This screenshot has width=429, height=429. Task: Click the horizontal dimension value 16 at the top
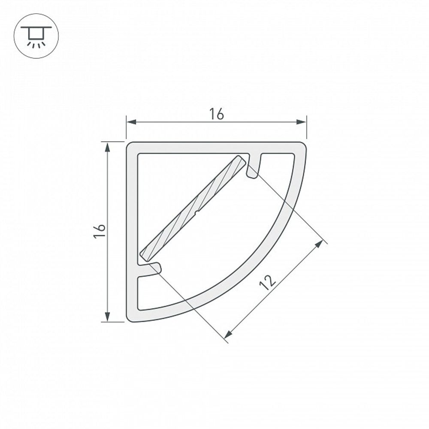point(217,114)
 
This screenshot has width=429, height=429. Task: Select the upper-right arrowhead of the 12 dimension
point(319,243)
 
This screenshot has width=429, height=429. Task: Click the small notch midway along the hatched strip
point(196,211)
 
